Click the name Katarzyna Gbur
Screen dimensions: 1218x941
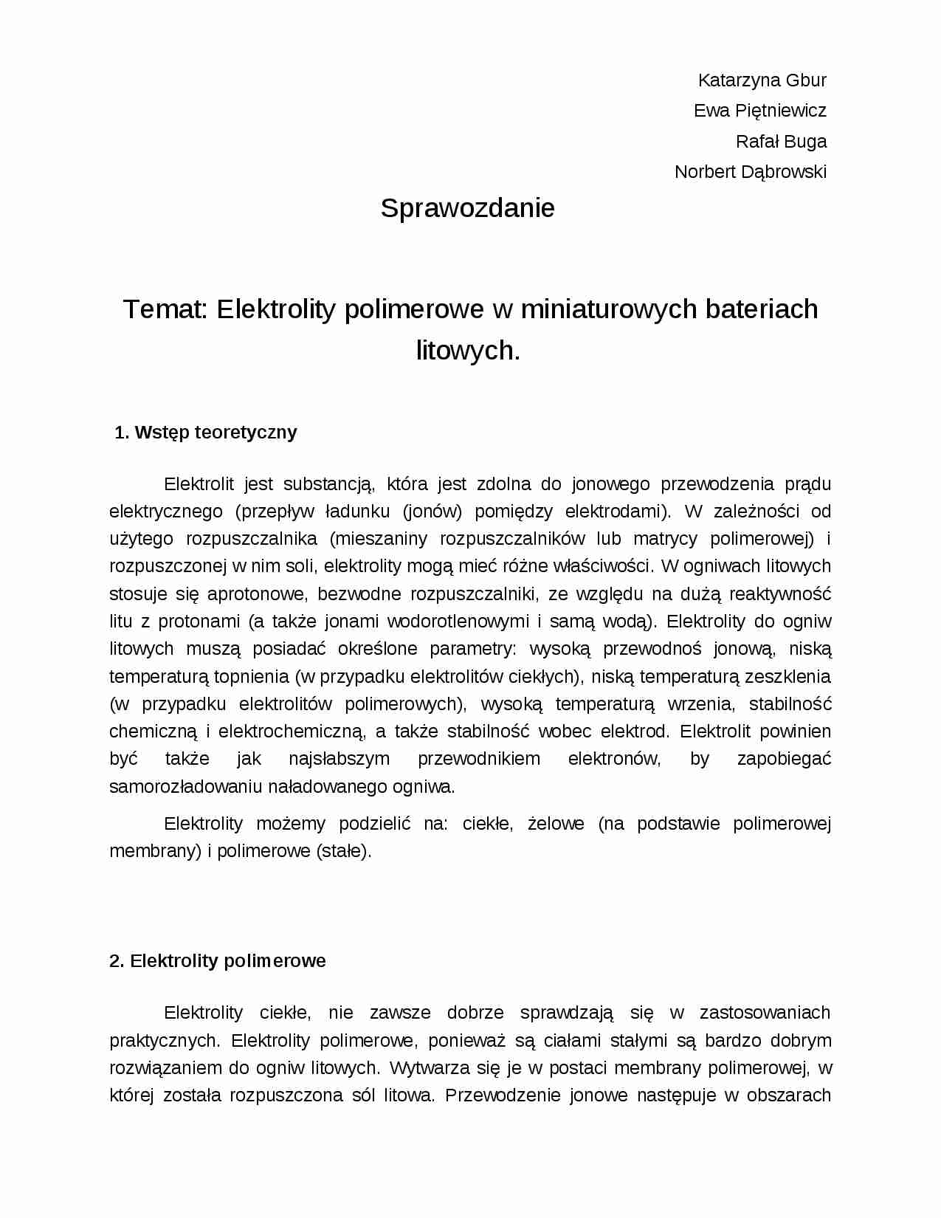(762, 80)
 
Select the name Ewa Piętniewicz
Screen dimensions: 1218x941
(759, 111)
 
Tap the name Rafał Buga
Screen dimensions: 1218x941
(781, 141)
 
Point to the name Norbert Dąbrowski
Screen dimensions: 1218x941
(750, 172)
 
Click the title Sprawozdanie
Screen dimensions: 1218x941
(467, 208)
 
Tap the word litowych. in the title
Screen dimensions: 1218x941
(468, 350)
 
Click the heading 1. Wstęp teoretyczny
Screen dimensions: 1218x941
(206, 433)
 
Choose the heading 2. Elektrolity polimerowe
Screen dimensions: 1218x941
(218, 961)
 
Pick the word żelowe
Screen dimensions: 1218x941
(556, 824)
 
